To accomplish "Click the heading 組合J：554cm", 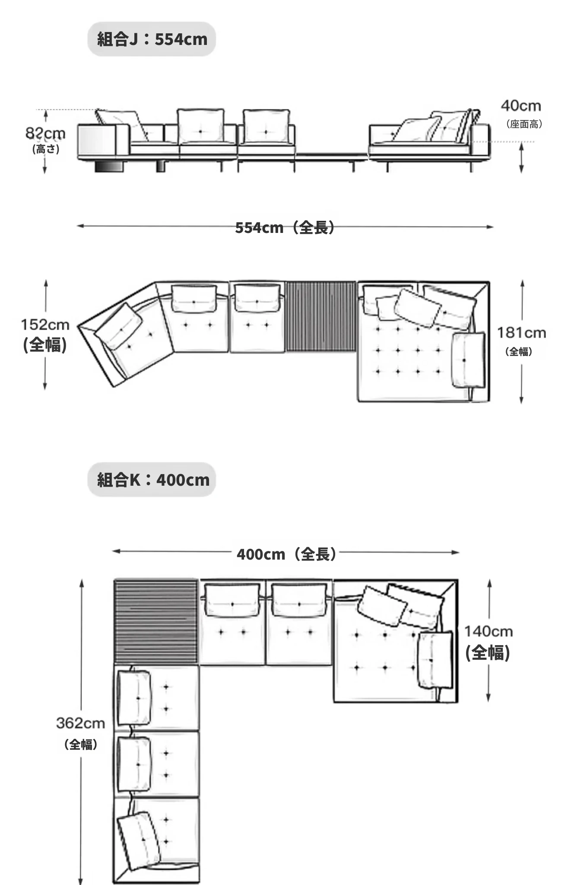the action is coord(152,39).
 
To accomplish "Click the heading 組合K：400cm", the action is coord(153,480).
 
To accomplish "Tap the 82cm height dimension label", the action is coord(45,134).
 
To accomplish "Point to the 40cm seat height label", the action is coord(521,106).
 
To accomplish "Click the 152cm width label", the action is coord(45,325).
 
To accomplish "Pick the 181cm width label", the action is coord(521,333).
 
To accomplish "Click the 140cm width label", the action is coord(489,631).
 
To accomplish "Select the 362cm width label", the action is coord(81,723).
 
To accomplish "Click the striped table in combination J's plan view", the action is coord(321,316).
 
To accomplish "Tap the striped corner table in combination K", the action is coord(155,622).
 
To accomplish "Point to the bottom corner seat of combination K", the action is coord(156,840).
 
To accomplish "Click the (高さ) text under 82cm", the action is coord(46,150).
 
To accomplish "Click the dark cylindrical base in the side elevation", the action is coord(109,166).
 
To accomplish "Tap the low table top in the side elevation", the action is coord(332,156).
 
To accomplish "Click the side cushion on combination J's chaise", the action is coord(468,360).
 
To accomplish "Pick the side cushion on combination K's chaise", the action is coord(436,660).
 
